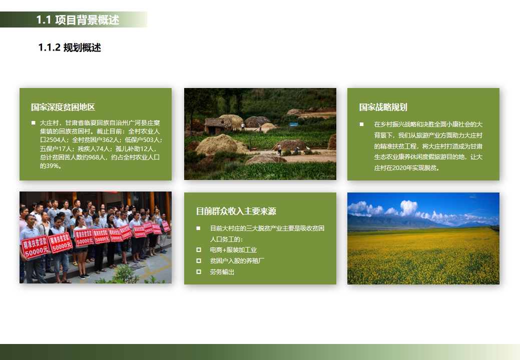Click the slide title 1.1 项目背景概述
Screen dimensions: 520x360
point(78,20)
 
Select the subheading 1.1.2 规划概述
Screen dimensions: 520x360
point(70,47)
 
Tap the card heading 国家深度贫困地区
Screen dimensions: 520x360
point(63,107)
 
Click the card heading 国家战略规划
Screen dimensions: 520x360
point(383,107)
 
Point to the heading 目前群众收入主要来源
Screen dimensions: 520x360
point(236,211)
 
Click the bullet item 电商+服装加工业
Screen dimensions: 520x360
point(233,249)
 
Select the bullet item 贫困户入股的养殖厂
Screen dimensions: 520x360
point(237,260)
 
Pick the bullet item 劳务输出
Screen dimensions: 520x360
point(222,272)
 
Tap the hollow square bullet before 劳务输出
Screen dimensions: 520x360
point(199,272)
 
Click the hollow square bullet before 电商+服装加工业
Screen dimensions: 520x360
point(199,249)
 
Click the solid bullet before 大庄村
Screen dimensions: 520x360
point(33,123)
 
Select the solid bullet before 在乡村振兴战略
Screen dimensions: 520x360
point(361,124)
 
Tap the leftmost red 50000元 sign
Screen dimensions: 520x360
point(35,248)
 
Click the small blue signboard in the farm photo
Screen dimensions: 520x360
point(294,124)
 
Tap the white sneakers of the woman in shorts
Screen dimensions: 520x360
point(83,275)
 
